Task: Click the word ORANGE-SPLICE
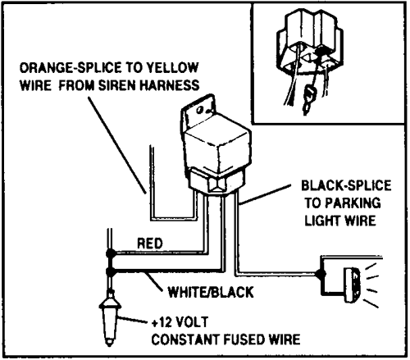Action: (71, 68)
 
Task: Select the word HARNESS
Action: (170, 85)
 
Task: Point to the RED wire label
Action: (150, 244)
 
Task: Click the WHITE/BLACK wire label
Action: (211, 292)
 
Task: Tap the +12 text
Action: (162, 322)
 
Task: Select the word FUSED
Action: (244, 339)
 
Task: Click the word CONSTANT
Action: (185, 339)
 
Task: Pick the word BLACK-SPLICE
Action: (346, 185)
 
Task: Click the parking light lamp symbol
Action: (353, 285)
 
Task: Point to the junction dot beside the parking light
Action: (321, 274)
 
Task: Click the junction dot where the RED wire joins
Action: (110, 253)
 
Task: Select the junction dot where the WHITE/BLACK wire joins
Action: (110, 271)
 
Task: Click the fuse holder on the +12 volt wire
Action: (110, 318)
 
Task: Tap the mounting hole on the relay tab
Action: (200, 110)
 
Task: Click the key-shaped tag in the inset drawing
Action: (308, 100)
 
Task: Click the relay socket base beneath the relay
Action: (216, 183)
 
